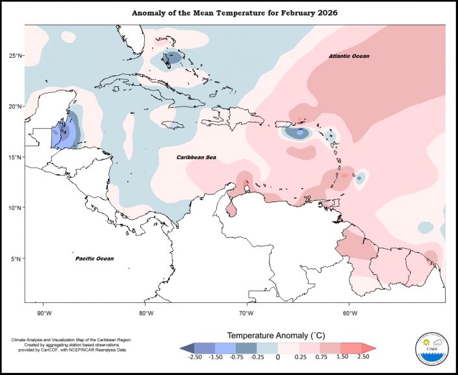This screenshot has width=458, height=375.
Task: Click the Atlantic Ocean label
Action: (x=348, y=57)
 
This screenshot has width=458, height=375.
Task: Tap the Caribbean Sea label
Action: (x=196, y=157)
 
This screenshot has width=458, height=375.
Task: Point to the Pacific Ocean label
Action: (x=94, y=259)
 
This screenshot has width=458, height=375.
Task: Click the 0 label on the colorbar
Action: (x=278, y=357)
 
